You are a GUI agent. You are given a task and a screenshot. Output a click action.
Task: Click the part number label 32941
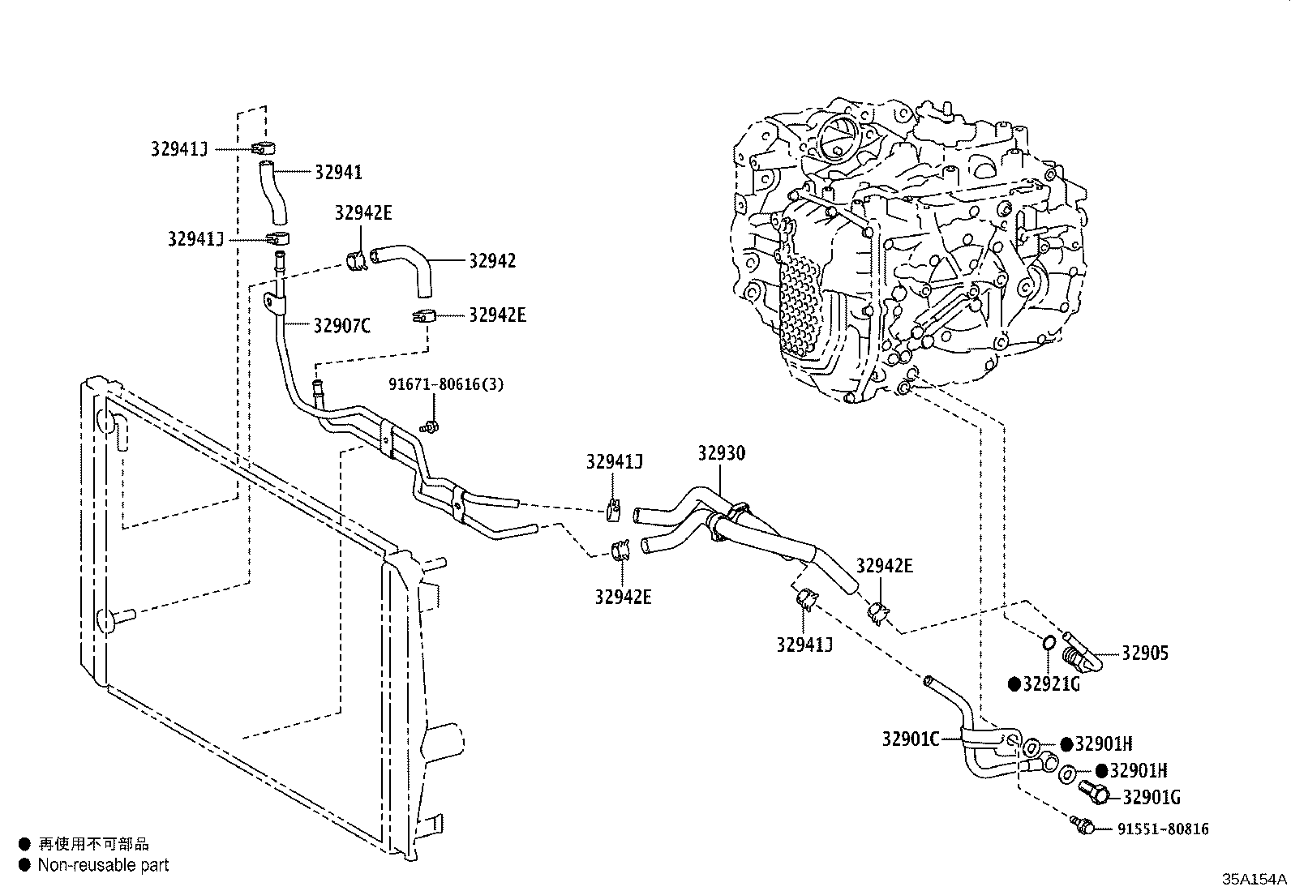tap(338, 172)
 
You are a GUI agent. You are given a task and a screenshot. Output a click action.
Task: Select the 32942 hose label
tap(491, 261)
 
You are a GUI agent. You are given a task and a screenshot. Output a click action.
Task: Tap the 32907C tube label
tap(341, 326)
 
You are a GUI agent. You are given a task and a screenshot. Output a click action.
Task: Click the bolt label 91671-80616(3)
tap(445, 384)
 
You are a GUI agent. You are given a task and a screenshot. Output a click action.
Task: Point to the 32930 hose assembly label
tap(721, 453)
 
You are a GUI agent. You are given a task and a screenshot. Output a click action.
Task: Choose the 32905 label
tap(1145, 653)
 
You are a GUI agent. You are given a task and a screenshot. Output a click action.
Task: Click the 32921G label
tap(1052, 684)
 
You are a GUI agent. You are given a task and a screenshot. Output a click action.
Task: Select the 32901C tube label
tap(910, 739)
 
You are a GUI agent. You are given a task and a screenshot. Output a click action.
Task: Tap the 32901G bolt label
tap(1151, 798)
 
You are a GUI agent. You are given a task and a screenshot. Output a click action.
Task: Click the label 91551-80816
tap(1163, 829)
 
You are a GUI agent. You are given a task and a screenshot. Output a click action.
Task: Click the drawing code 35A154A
tap(1255, 880)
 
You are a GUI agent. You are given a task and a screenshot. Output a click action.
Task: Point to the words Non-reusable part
tap(103, 865)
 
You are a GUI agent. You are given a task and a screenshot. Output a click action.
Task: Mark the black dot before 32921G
tap(1014, 684)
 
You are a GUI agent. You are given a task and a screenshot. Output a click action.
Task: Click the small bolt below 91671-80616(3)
tap(431, 426)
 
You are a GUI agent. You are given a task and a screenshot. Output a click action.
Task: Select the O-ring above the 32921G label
tap(1047, 644)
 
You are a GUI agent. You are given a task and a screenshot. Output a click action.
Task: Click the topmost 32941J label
tap(179, 148)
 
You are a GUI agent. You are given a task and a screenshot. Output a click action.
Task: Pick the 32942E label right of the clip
tap(497, 315)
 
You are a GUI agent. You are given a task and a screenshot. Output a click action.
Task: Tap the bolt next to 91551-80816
tap(1083, 825)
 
